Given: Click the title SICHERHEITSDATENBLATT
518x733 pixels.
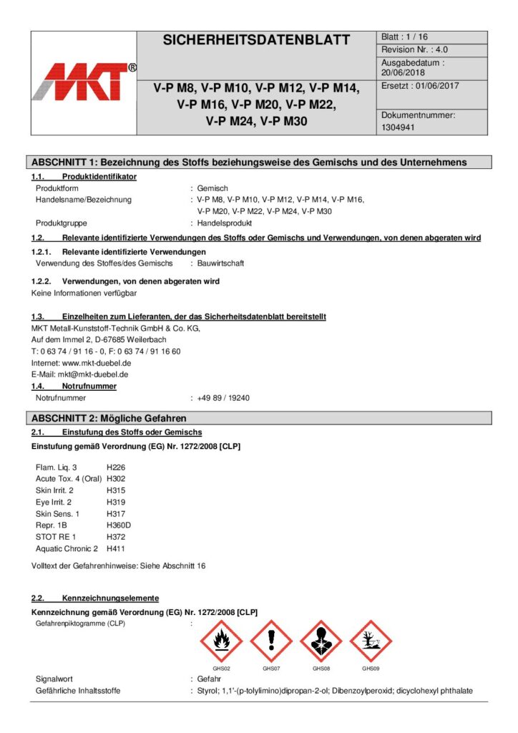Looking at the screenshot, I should (x=256, y=41).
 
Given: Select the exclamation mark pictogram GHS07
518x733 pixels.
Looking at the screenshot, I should (x=271, y=641).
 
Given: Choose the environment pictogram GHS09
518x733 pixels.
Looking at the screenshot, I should (x=371, y=641).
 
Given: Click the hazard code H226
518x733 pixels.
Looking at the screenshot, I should (x=115, y=467).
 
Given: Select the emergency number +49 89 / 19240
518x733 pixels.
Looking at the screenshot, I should (x=223, y=398).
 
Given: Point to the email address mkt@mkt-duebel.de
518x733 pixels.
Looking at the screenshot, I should (x=88, y=374).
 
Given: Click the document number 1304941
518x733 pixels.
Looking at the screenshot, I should (x=399, y=127).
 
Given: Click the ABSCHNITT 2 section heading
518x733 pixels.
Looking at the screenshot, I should (x=109, y=418).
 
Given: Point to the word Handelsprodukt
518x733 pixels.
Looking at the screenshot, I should (x=225, y=223).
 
